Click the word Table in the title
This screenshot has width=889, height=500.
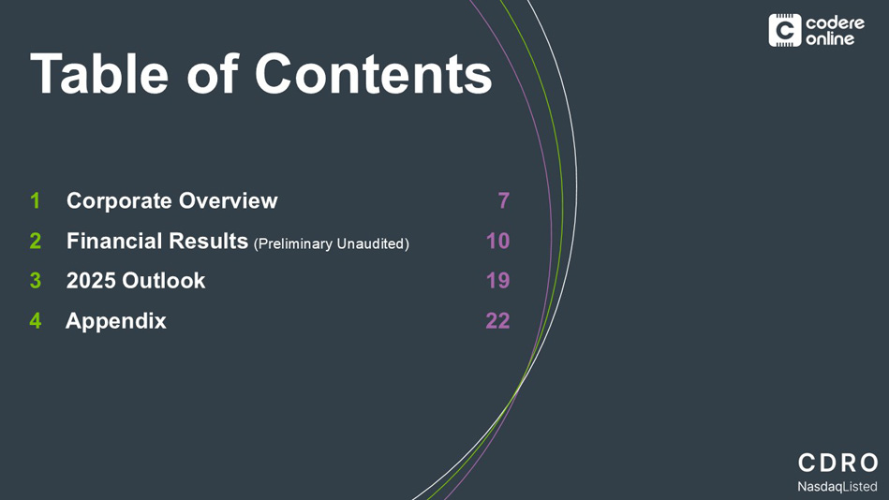click(99, 74)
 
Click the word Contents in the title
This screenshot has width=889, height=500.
click(373, 74)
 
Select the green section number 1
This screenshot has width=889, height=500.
click(36, 200)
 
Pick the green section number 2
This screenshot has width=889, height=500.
click(36, 241)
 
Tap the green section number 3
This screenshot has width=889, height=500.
click(36, 281)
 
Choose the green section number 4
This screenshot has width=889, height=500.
click(36, 321)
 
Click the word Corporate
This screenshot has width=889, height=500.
click(119, 201)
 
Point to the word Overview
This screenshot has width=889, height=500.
click(229, 200)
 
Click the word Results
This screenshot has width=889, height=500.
click(209, 241)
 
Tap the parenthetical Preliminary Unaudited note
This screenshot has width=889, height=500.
click(331, 243)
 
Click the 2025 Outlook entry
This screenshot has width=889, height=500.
click(136, 281)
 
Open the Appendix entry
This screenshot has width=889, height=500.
click(116, 321)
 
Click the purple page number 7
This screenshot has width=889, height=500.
click(503, 200)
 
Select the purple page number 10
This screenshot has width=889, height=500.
click(497, 241)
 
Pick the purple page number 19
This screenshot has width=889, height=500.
click(497, 281)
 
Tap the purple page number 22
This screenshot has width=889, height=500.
click(497, 321)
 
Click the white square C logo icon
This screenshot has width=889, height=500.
click(785, 31)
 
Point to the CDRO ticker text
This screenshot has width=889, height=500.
click(838, 463)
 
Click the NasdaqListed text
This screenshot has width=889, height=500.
click(837, 487)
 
